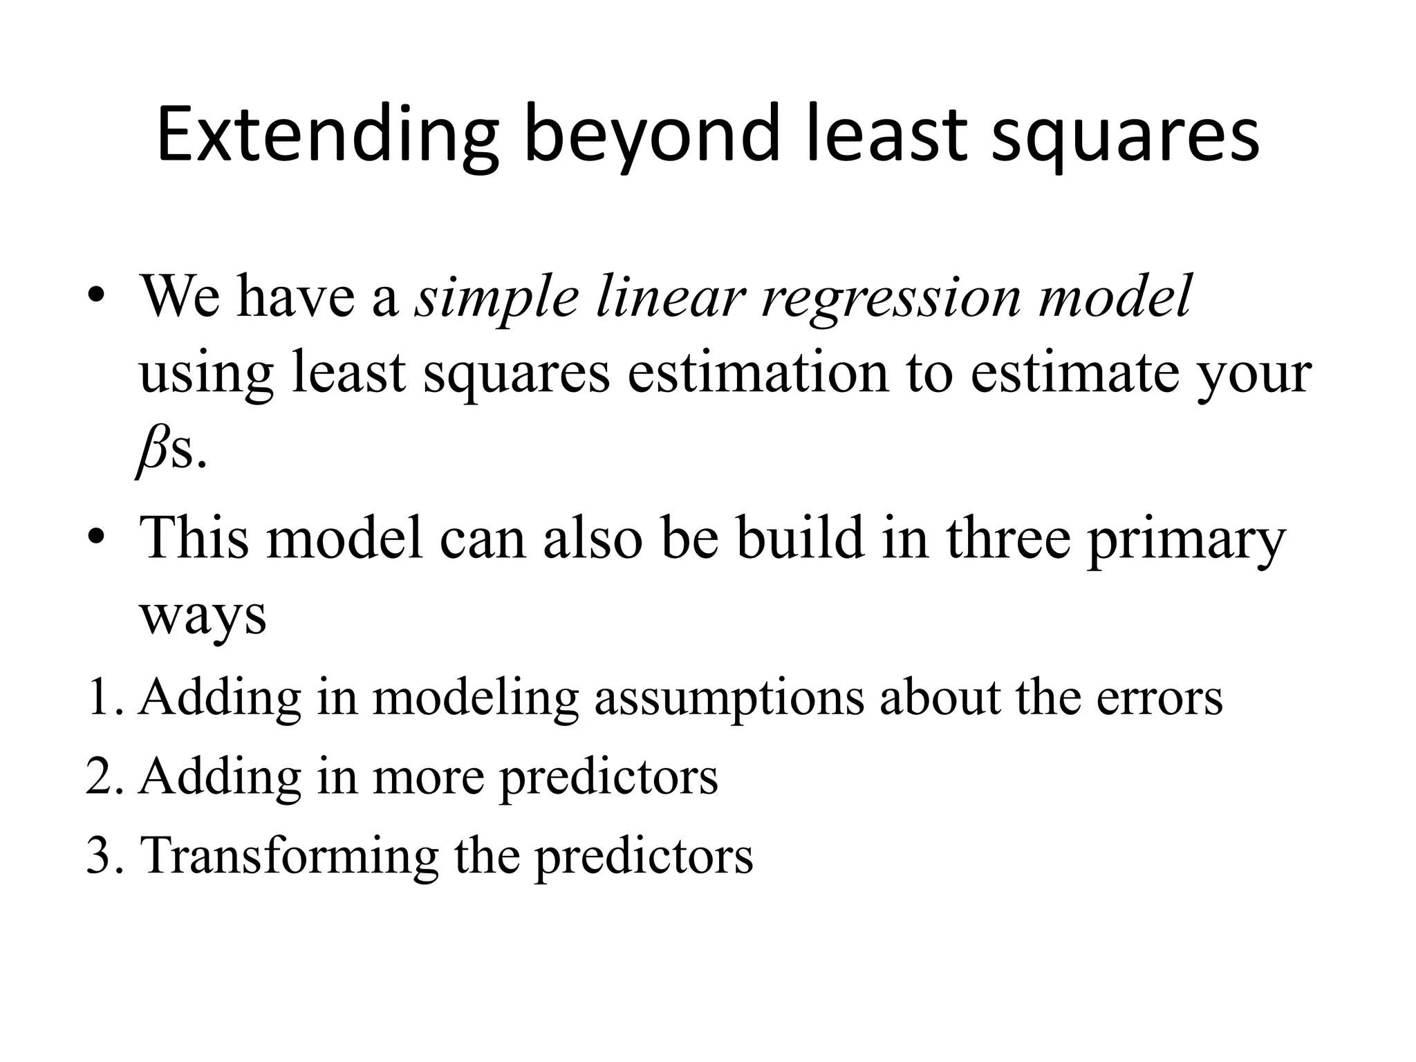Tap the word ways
[203, 615]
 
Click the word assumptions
[729, 698]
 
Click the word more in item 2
[428, 776]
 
